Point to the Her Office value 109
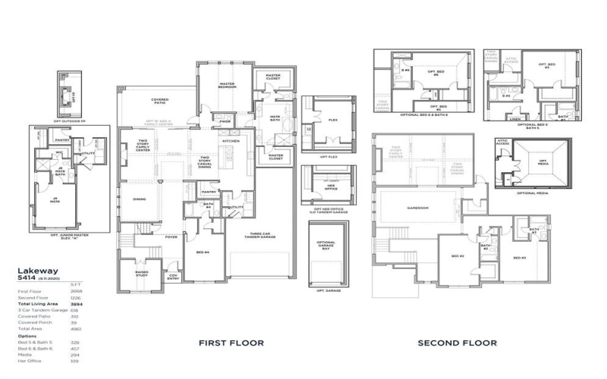click(96, 360)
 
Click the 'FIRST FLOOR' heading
click(231, 343)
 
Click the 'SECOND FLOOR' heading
click(458, 343)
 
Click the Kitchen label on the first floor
click(231, 141)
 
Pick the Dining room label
click(140, 199)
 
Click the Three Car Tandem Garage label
click(261, 236)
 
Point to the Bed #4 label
click(202, 252)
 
